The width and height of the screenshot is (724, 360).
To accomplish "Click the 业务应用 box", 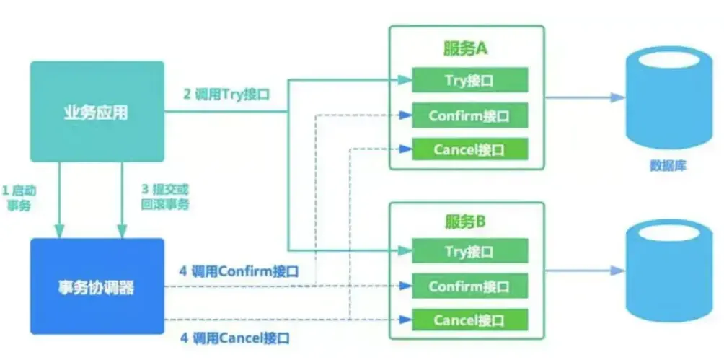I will [97, 111].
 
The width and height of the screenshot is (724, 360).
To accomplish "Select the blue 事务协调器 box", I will [97, 286].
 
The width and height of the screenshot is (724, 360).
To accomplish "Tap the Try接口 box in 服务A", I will [469, 80].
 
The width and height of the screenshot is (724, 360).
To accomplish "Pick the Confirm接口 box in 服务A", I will [469, 115].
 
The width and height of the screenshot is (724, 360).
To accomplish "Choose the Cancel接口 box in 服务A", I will [469, 149].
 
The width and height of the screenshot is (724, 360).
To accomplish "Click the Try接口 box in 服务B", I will [469, 252].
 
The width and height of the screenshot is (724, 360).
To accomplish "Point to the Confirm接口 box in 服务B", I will [469, 286].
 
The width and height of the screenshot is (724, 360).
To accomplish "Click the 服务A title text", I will [465, 49].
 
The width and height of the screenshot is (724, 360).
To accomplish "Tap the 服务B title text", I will [465, 221].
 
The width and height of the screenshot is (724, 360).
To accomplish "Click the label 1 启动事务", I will [19, 198].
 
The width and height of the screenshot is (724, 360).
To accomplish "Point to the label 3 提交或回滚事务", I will [165, 198].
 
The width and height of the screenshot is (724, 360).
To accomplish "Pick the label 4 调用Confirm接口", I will [238, 272].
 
